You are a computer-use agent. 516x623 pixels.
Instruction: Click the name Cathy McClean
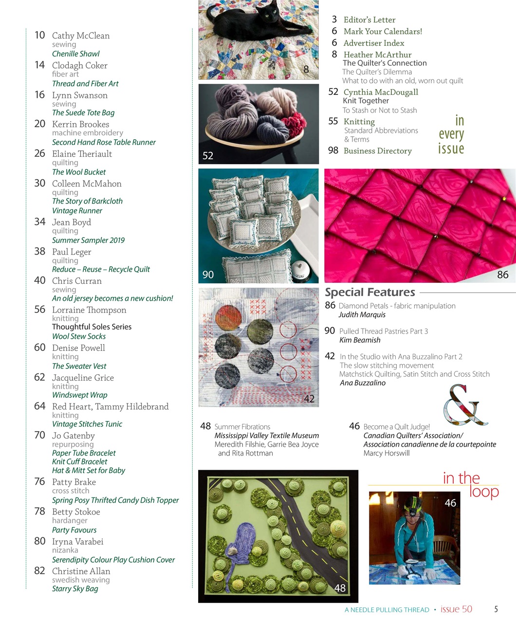click(81, 36)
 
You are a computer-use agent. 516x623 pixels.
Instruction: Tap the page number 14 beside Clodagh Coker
click(39, 65)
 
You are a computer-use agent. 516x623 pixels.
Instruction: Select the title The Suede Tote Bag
click(83, 113)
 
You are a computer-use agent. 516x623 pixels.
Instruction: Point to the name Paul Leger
click(72, 252)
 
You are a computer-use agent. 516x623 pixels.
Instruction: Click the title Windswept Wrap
click(80, 395)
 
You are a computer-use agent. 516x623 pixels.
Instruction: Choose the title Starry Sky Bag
click(75, 589)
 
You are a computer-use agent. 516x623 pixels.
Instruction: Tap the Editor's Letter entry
click(369, 20)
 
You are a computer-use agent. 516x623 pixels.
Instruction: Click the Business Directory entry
click(377, 151)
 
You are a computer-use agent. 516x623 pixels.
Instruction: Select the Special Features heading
click(370, 293)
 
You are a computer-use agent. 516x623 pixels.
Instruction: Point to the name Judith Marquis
click(362, 315)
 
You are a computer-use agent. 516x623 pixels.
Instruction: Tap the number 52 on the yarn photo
click(208, 156)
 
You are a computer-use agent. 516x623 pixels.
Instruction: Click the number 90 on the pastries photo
click(208, 275)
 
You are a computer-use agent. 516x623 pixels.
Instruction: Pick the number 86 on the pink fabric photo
click(502, 275)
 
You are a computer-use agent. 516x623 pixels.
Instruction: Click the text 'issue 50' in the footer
click(456, 609)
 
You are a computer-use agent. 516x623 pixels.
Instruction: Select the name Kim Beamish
click(360, 340)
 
